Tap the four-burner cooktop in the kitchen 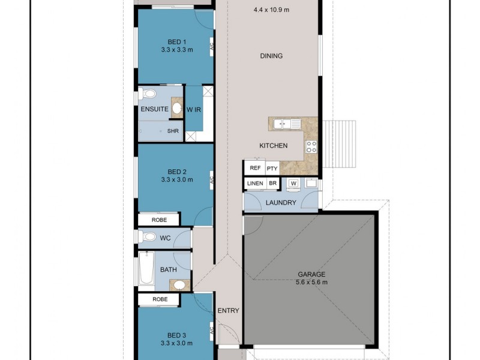311,146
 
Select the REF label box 255,169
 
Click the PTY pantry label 272,169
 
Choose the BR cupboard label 273,183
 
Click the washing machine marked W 293,183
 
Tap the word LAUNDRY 280,203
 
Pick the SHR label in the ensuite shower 173,131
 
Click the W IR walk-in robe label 193,109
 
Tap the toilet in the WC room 147,238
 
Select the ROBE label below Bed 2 159,220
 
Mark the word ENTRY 229,311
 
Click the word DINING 271,56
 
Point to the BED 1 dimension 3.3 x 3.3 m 176,50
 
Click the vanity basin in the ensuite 177,108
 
